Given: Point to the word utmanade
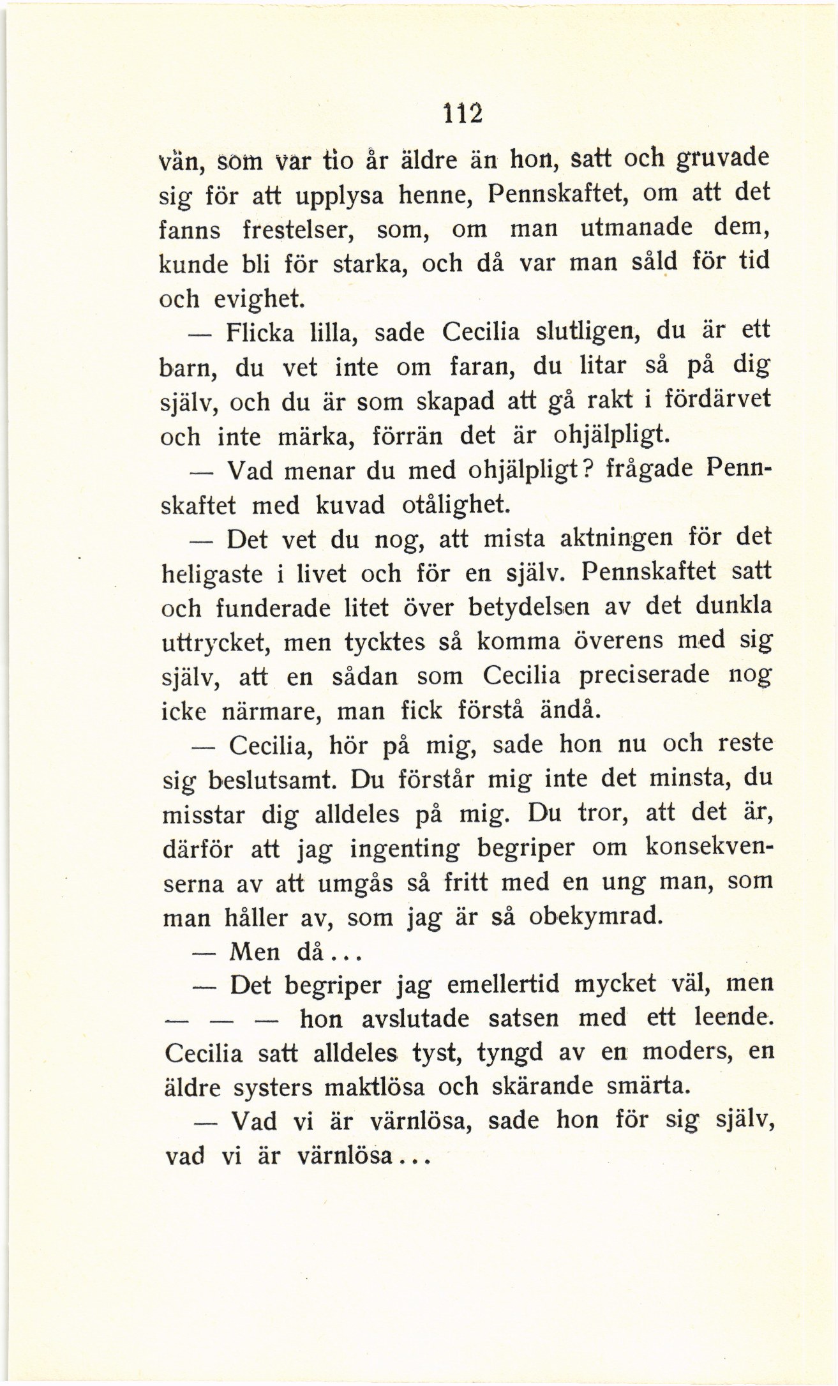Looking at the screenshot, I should tap(628, 228).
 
